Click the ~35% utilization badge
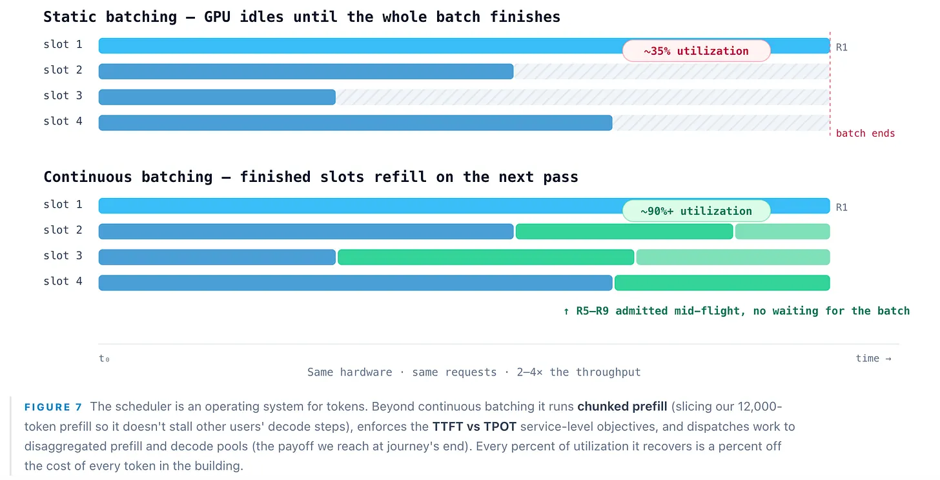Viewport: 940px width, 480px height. pos(696,51)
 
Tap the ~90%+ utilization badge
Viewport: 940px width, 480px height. pos(696,211)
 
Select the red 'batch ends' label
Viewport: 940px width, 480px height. pos(865,134)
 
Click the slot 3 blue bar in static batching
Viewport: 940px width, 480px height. pos(217,97)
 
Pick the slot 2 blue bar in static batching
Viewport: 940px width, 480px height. pos(306,71)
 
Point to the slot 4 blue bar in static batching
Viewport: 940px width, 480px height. pos(356,123)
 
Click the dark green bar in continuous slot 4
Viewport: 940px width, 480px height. pos(722,283)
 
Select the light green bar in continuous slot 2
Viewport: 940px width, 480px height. pos(782,232)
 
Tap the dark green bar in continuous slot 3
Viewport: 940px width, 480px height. pos(486,257)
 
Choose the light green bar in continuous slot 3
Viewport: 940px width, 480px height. pos(733,257)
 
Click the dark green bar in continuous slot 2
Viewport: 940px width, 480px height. pos(624,232)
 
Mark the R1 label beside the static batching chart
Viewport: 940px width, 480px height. pos(842,47)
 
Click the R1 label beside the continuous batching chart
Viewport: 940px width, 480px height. pos(842,208)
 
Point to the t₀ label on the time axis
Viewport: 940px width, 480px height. pos(104,359)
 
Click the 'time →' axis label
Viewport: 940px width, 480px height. pos(874,359)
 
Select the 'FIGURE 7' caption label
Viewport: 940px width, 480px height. pos(53,407)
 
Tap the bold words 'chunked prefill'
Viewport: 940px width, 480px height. pos(622,406)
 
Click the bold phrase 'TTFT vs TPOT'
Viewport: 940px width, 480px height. pos(474,426)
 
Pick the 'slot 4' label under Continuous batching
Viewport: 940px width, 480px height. pos(63,281)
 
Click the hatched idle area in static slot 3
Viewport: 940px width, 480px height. pos(582,97)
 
